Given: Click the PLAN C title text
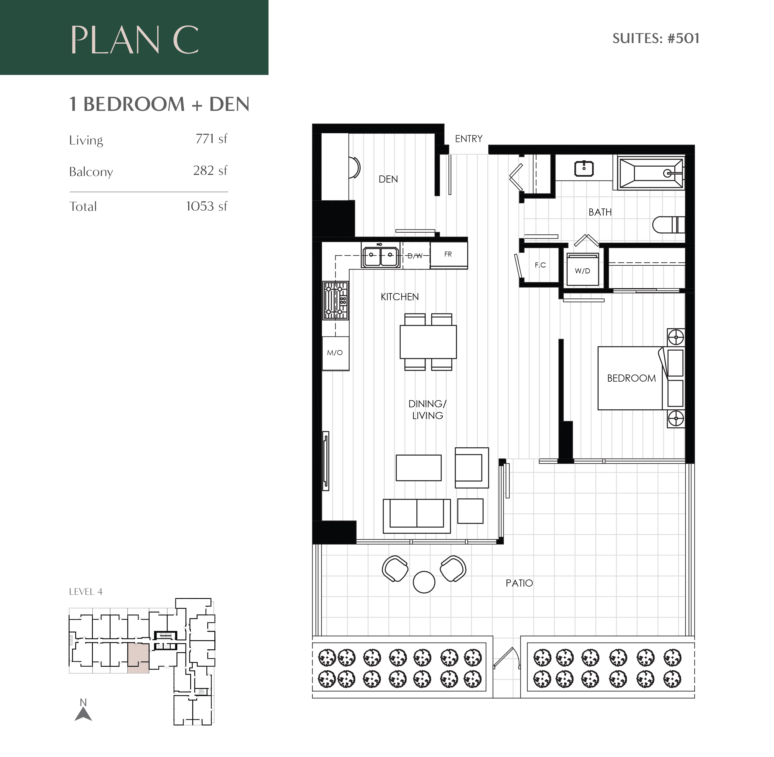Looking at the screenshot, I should [134, 40].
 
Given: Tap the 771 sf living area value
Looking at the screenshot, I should [211, 139].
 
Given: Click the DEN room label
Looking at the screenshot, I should [388, 179].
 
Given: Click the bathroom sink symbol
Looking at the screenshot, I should [584, 169].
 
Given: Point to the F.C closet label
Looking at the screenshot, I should [540, 265].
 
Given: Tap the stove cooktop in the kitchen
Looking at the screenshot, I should [336, 300].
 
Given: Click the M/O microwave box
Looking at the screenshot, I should [335, 353].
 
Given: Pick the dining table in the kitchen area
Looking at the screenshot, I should [428, 342].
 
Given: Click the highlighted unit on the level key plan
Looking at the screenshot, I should [138, 658].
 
